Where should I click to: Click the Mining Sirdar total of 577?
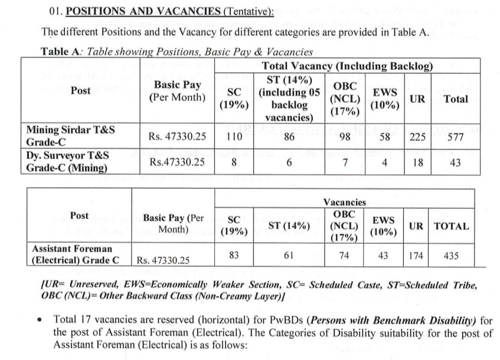point(455,138)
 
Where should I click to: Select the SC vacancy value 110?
point(234,137)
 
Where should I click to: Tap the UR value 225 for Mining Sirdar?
point(417,138)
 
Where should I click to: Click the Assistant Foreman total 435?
point(452,257)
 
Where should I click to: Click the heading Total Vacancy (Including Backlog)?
point(347,67)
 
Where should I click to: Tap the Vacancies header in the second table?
point(345,202)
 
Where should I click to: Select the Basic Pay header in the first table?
point(178,90)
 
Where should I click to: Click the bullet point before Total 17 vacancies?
point(39,320)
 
